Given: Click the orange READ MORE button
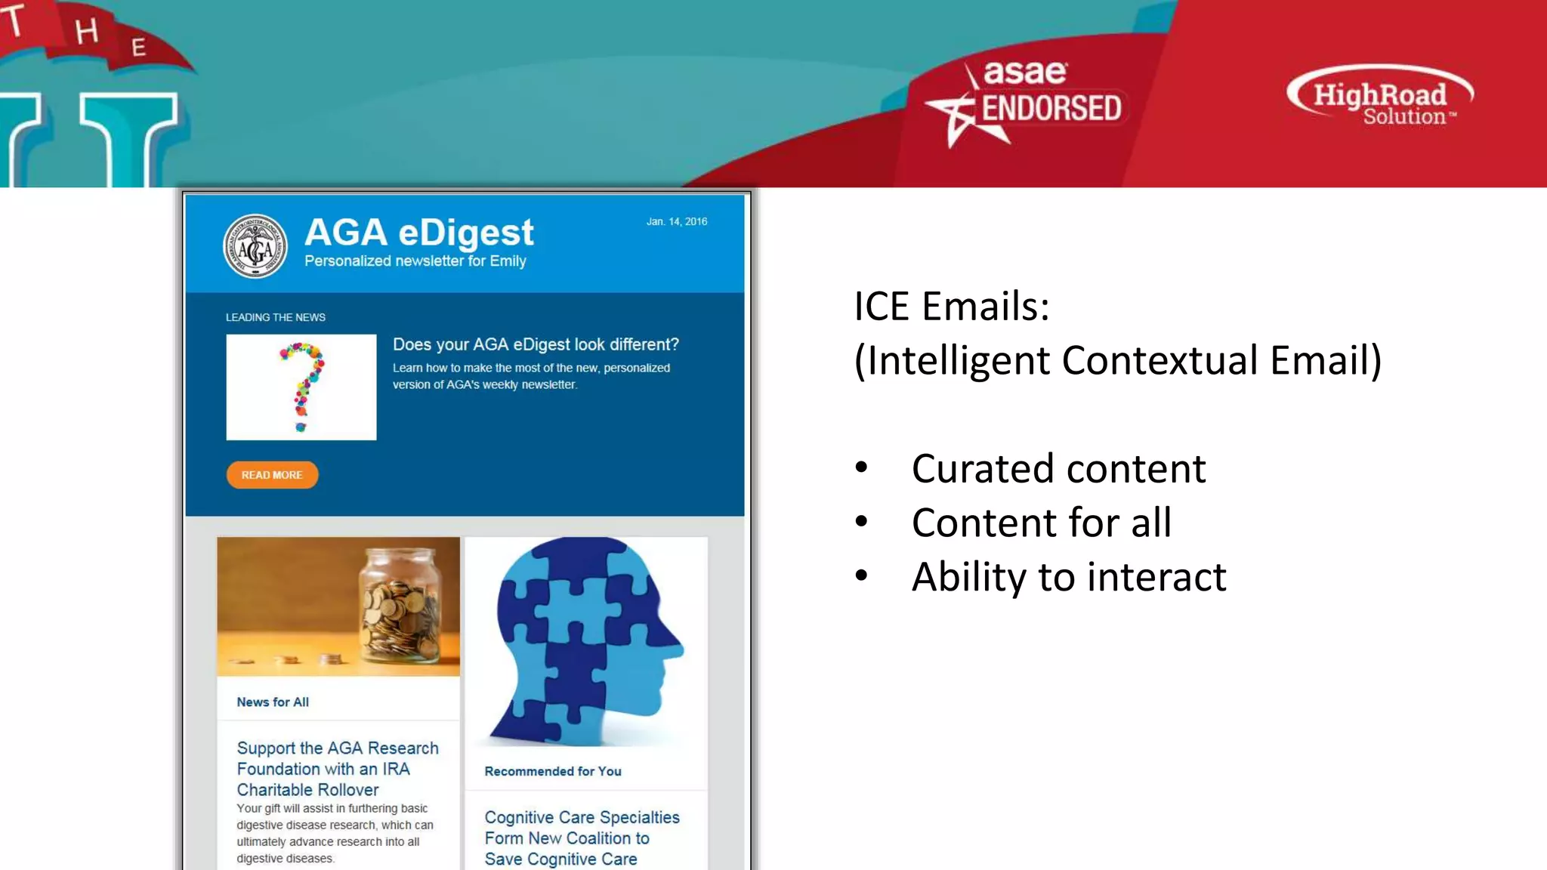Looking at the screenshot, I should pos(272,475).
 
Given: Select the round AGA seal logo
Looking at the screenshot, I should pos(255,246).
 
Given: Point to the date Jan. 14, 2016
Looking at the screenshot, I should pos(676,221).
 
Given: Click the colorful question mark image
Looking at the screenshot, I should pos(301,387).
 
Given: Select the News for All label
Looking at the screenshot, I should pos(273,702).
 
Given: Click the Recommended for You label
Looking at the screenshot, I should pos(553,771).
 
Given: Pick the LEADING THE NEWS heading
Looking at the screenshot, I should pos(276,317).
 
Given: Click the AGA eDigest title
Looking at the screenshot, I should pos(419,232).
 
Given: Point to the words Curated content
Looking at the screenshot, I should pos(1058,468).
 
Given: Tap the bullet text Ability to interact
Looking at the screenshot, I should pos(1069,577).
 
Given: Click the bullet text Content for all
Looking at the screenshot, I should pos(1041,523).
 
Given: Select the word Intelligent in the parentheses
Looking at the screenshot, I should pos(959,360).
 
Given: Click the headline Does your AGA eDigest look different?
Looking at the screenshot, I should pos(536,344).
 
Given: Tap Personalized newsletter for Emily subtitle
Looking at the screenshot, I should pos(415,261).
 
